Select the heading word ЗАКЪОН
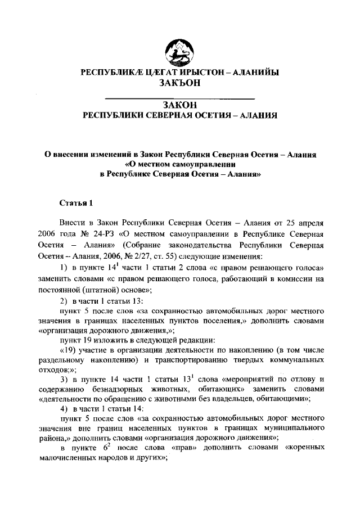(179, 84)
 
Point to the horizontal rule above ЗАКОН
(180, 98)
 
